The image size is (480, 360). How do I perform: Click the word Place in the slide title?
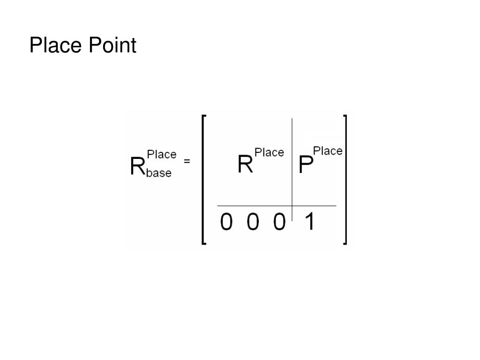(x=54, y=46)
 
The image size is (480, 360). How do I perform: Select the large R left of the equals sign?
(x=138, y=166)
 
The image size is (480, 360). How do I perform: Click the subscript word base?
(x=159, y=173)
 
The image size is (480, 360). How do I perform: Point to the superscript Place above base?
(x=162, y=154)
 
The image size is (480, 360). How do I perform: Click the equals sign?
(x=187, y=161)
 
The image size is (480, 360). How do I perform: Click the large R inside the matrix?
(x=246, y=165)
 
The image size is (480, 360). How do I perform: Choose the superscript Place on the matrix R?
(x=269, y=152)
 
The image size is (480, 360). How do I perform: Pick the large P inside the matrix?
(x=306, y=165)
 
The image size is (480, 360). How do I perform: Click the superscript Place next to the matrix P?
(x=328, y=151)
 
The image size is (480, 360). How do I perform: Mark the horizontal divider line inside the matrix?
(x=253, y=206)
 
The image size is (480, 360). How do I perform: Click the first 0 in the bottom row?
(x=226, y=222)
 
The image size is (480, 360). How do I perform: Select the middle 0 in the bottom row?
(x=253, y=222)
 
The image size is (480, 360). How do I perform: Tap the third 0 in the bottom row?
(x=279, y=222)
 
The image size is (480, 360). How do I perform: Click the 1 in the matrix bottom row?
(x=309, y=222)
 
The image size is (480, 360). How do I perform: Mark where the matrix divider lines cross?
(x=292, y=206)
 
